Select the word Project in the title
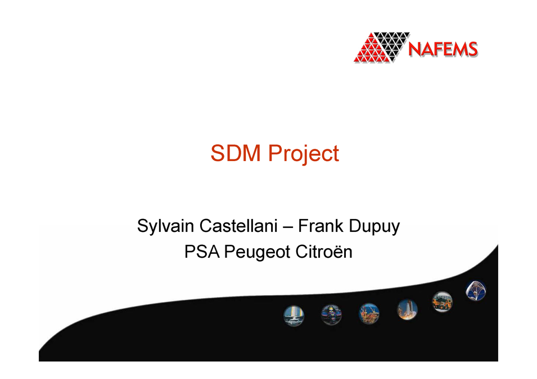303,154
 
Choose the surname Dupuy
374,227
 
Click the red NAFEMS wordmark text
442,49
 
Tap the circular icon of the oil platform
369,312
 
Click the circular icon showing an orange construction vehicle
442,302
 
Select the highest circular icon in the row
476,290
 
